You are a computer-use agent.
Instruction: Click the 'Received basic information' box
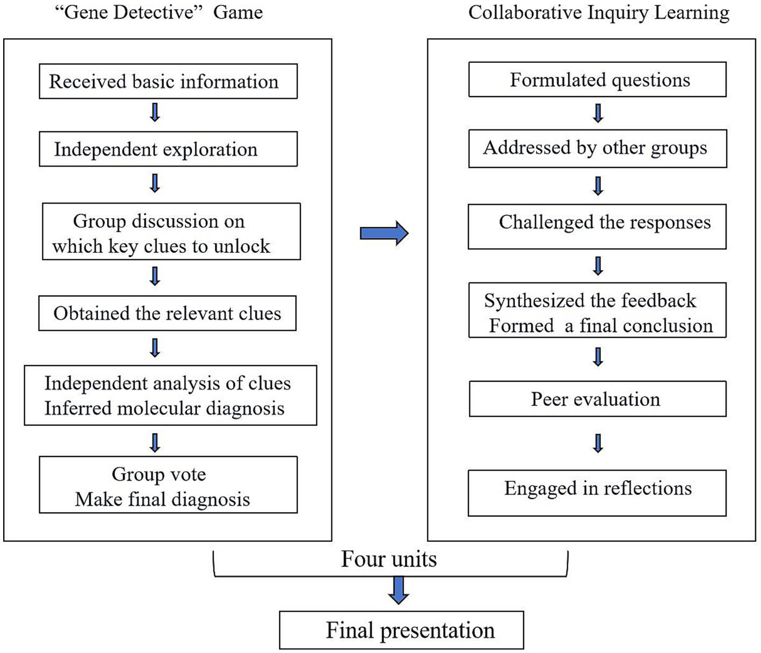pos(168,82)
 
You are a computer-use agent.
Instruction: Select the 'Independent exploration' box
pos(168,149)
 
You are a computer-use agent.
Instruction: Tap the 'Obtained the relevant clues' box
pos(167,313)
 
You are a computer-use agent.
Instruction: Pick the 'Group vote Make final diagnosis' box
pos(168,485)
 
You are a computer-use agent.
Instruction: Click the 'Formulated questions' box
pos(597,80)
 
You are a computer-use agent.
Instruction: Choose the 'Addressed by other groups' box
pos(597,148)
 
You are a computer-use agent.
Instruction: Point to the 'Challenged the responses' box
pos(597,226)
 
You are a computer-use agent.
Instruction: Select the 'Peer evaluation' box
pos(597,399)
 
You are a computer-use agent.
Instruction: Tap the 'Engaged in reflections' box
pos(597,493)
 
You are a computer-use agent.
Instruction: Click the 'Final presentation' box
pos(401,630)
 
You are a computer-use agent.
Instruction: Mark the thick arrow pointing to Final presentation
pos(398,590)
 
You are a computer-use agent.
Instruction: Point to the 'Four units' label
pos(389,559)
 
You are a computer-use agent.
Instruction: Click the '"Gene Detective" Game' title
pos(159,12)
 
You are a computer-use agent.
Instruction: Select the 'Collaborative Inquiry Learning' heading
pos(598,12)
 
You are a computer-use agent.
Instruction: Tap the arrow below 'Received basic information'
pos(155,113)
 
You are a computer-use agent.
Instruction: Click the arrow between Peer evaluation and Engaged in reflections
pos(598,443)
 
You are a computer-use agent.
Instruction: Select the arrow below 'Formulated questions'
pos(598,113)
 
